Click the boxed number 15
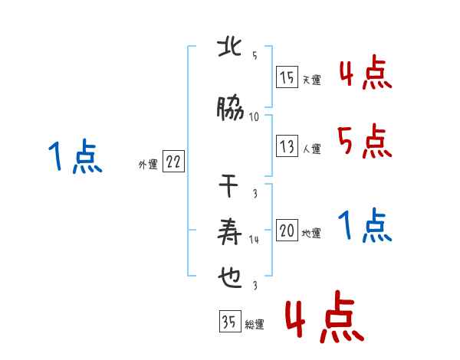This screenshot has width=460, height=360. pos(287,78)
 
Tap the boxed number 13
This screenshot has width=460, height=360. pos(287,146)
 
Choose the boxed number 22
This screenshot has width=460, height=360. pos(173,162)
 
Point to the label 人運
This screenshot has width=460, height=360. pos(311,149)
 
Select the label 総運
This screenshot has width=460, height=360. pos(255,324)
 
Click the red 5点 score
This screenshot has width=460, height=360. pos(364,142)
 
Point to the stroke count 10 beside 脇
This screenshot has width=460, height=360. pos(254,116)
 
